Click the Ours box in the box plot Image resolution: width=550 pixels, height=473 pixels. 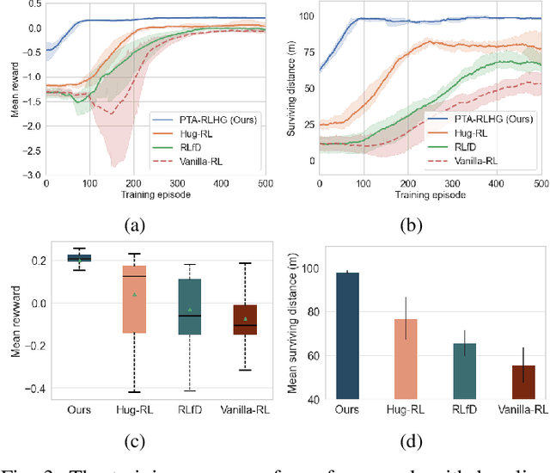click(80, 257)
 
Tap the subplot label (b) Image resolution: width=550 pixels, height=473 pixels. click(411, 226)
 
